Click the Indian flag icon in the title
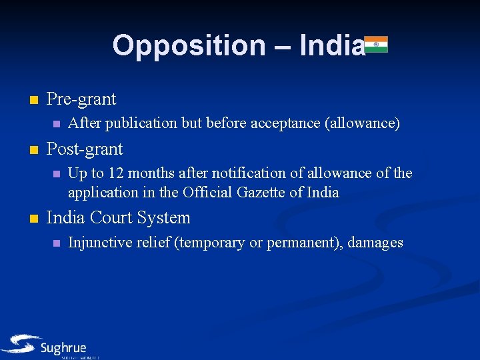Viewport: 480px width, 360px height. (x=376, y=44)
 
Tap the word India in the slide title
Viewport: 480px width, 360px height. (x=332, y=45)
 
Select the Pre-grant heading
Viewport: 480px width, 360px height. (x=81, y=99)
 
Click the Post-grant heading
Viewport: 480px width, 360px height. (x=85, y=148)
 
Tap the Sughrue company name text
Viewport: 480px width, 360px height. (x=63, y=348)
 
